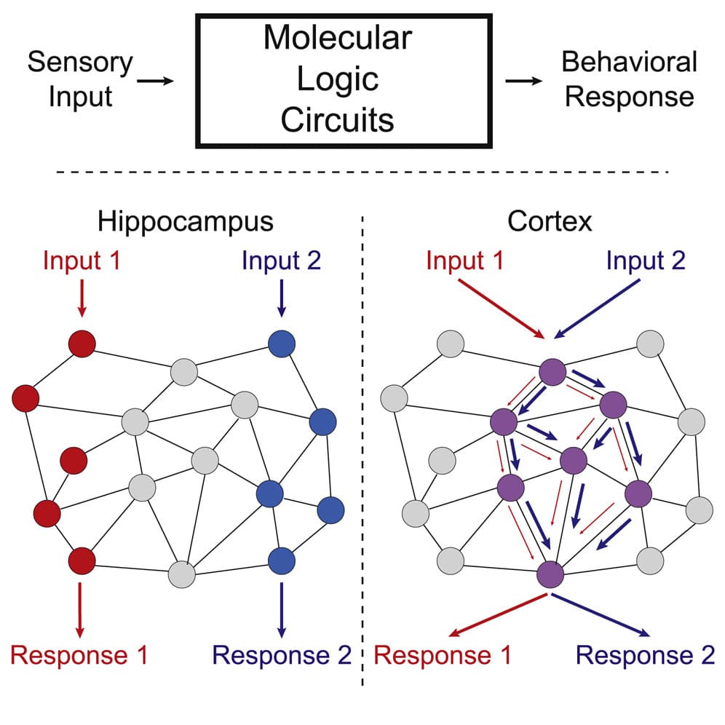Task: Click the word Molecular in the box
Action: [x=337, y=38]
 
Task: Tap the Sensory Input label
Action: [x=80, y=79]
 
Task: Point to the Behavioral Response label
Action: [x=629, y=79]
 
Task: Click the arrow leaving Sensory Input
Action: [x=155, y=81]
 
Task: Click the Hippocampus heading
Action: [x=185, y=221]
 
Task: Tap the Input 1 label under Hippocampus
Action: [x=82, y=261]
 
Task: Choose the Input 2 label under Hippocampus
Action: [x=281, y=261]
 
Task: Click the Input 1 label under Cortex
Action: [x=464, y=261]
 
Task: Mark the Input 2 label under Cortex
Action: [x=646, y=261]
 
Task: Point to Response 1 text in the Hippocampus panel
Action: [x=79, y=655]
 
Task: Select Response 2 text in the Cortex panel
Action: [x=645, y=655]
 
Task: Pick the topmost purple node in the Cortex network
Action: [x=552, y=372]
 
